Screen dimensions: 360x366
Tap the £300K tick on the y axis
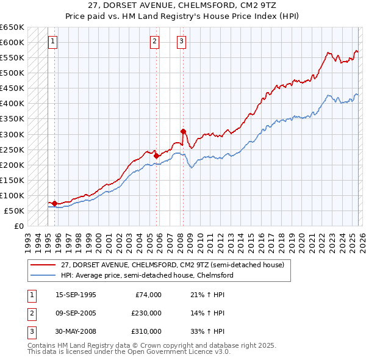click(12, 134)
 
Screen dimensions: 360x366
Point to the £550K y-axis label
click(12, 58)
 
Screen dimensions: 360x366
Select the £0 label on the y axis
click(18, 226)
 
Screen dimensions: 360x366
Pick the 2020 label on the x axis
click(301, 238)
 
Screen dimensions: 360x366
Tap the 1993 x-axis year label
click(27, 238)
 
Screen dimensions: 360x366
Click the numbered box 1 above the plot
click(52, 41)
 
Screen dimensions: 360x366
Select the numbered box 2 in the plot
click(154, 41)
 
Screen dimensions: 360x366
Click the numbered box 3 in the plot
click(182, 41)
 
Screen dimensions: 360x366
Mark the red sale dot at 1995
click(54, 203)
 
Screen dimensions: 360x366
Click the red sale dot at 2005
click(156, 156)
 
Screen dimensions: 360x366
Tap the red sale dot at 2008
click(183, 131)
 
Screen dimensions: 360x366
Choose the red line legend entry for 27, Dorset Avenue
click(172, 265)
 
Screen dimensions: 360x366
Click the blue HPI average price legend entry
click(147, 275)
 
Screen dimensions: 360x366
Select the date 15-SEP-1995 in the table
click(76, 295)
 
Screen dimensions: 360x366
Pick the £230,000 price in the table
click(146, 313)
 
